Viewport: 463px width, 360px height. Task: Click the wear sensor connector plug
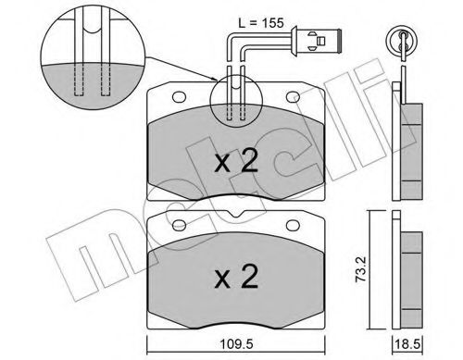[317, 41]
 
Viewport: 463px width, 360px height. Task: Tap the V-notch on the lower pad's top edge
[236, 218]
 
